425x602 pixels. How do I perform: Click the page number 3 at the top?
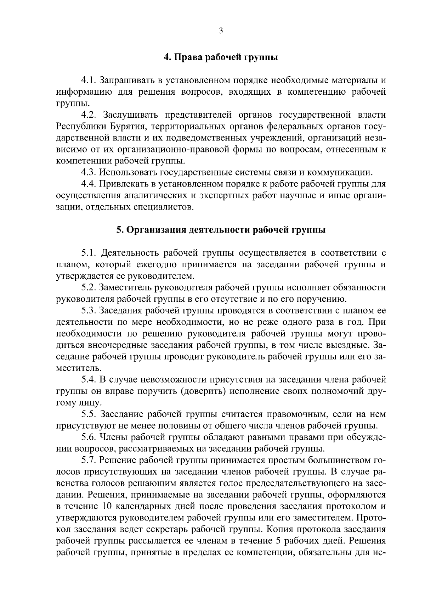click(x=221, y=31)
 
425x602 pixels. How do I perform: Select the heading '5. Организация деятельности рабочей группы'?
click(x=221, y=230)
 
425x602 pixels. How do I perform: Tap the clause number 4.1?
click(x=89, y=80)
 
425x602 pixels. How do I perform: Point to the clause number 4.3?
click(x=89, y=173)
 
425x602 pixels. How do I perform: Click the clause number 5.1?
click(x=89, y=253)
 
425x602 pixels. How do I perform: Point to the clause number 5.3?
click(x=89, y=311)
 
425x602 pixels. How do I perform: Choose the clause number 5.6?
click(x=89, y=437)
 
